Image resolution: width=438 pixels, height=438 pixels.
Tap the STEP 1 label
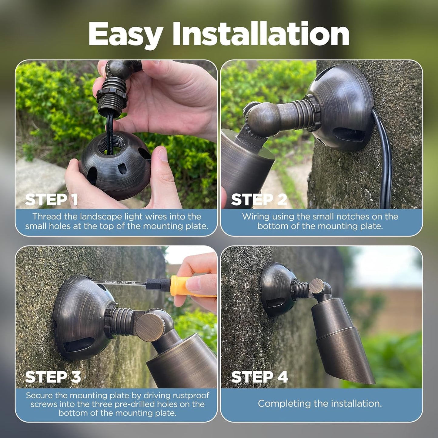pyautogui.click(x=51, y=199)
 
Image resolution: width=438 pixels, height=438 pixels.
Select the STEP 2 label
pyautogui.click(x=259, y=199)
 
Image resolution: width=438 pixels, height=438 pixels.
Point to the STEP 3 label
pyautogui.click(x=53, y=377)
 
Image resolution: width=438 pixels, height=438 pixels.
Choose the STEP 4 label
pyautogui.click(x=259, y=377)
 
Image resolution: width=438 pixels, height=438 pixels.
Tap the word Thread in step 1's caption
pyautogui.click(x=47, y=216)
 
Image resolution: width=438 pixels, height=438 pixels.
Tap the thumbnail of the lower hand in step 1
pyautogui.click(x=163, y=155)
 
